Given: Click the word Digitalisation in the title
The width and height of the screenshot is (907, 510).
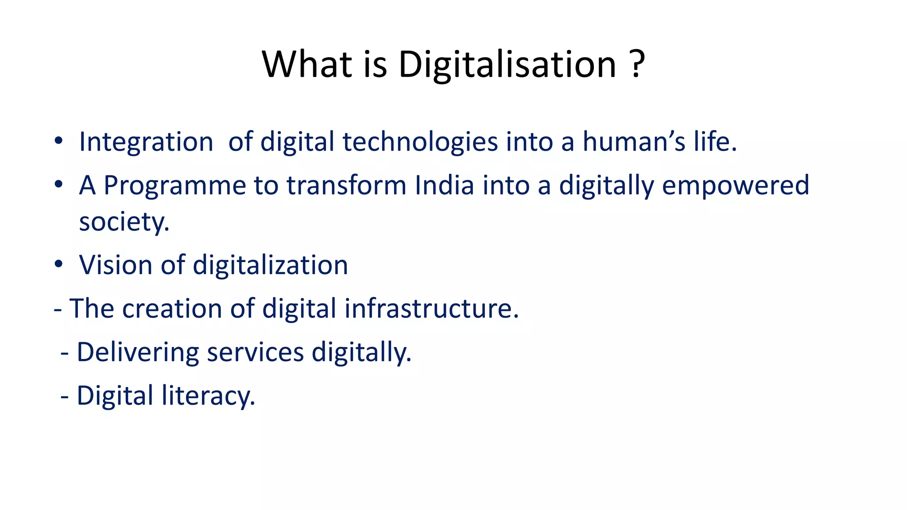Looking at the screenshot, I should pos(508,65).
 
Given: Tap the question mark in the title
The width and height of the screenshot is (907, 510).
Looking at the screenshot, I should pos(636,65).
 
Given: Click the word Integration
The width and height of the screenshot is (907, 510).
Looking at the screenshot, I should pos(146,142).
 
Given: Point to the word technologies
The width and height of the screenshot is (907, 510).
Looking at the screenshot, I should pos(420,142).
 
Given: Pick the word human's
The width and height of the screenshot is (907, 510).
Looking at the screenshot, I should pos(634,142).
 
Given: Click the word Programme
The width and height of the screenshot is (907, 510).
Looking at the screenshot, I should pos(174,185).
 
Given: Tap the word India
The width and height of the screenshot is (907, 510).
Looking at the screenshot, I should pos(444,185).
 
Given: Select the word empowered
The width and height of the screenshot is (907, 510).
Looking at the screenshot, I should pos(735,185).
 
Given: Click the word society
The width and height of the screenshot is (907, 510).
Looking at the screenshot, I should pos(124,221).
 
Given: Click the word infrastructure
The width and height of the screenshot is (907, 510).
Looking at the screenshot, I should pos(431,308).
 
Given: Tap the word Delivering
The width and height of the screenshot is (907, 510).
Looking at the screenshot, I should pos(138,352).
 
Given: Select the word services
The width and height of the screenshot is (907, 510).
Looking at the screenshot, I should pos(255,352).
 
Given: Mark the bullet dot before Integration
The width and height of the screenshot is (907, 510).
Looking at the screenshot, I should pos(58,142).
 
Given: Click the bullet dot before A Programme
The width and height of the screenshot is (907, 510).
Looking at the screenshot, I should pos(58,185).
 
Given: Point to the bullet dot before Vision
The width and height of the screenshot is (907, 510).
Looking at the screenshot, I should pos(58,264).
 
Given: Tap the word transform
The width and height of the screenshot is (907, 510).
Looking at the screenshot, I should pos(346,185).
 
